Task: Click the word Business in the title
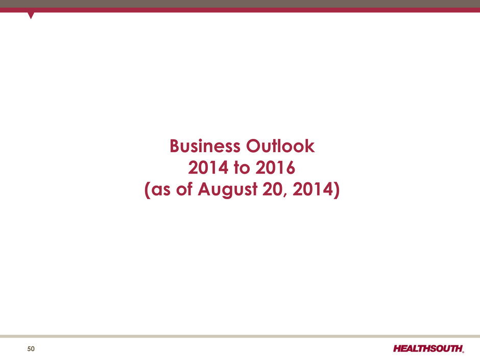coord(205,146)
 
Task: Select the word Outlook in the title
coord(280,146)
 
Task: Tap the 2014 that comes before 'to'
coord(208,167)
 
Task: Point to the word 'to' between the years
coord(242,167)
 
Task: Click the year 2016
coord(275,167)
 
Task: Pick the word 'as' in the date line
coord(161,189)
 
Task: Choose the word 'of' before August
coord(184,189)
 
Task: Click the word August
coord(228,189)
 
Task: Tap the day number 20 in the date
coord(273,189)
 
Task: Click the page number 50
coord(31,349)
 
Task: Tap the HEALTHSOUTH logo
coord(428,348)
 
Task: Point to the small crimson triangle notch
coord(31,15)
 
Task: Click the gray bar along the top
coord(240,4)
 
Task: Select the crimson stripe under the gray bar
coord(240,10)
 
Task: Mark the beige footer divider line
coord(240,336)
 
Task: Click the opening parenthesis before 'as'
coord(147,190)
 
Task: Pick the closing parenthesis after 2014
coord(337,190)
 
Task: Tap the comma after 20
coord(285,195)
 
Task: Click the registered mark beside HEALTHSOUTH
coord(463,352)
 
